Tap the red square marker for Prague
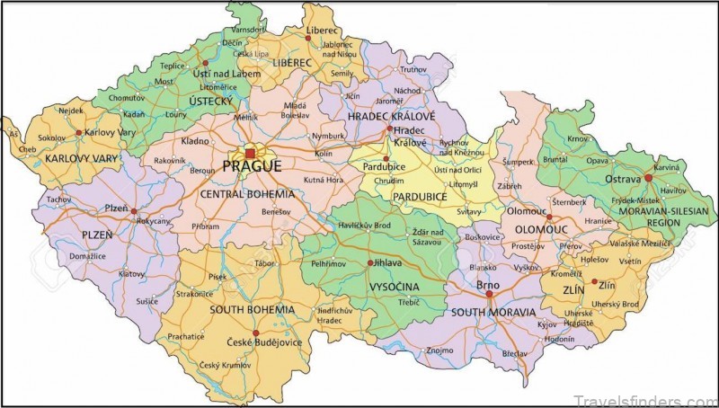[249, 154]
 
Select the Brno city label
[488, 285]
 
